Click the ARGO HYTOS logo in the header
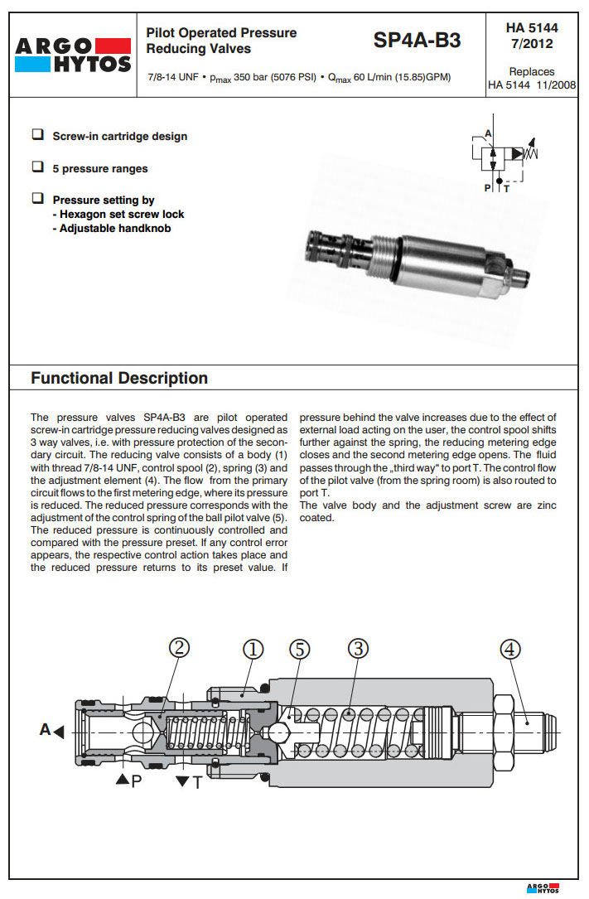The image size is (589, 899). (x=72, y=55)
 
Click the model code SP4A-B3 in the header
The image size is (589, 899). (x=417, y=40)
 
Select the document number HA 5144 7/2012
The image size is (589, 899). (x=531, y=36)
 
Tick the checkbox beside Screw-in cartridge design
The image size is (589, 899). (x=37, y=134)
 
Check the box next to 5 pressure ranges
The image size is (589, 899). (x=37, y=167)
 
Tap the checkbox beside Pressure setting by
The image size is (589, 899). (x=37, y=199)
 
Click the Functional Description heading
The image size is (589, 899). (x=119, y=379)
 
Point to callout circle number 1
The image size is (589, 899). (x=253, y=650)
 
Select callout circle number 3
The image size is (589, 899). (x=357, y=650)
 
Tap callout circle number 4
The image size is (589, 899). (x=511, y=650)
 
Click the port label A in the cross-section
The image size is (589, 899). (x=46, y=730)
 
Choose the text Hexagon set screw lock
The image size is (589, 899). (x=122, y=214)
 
